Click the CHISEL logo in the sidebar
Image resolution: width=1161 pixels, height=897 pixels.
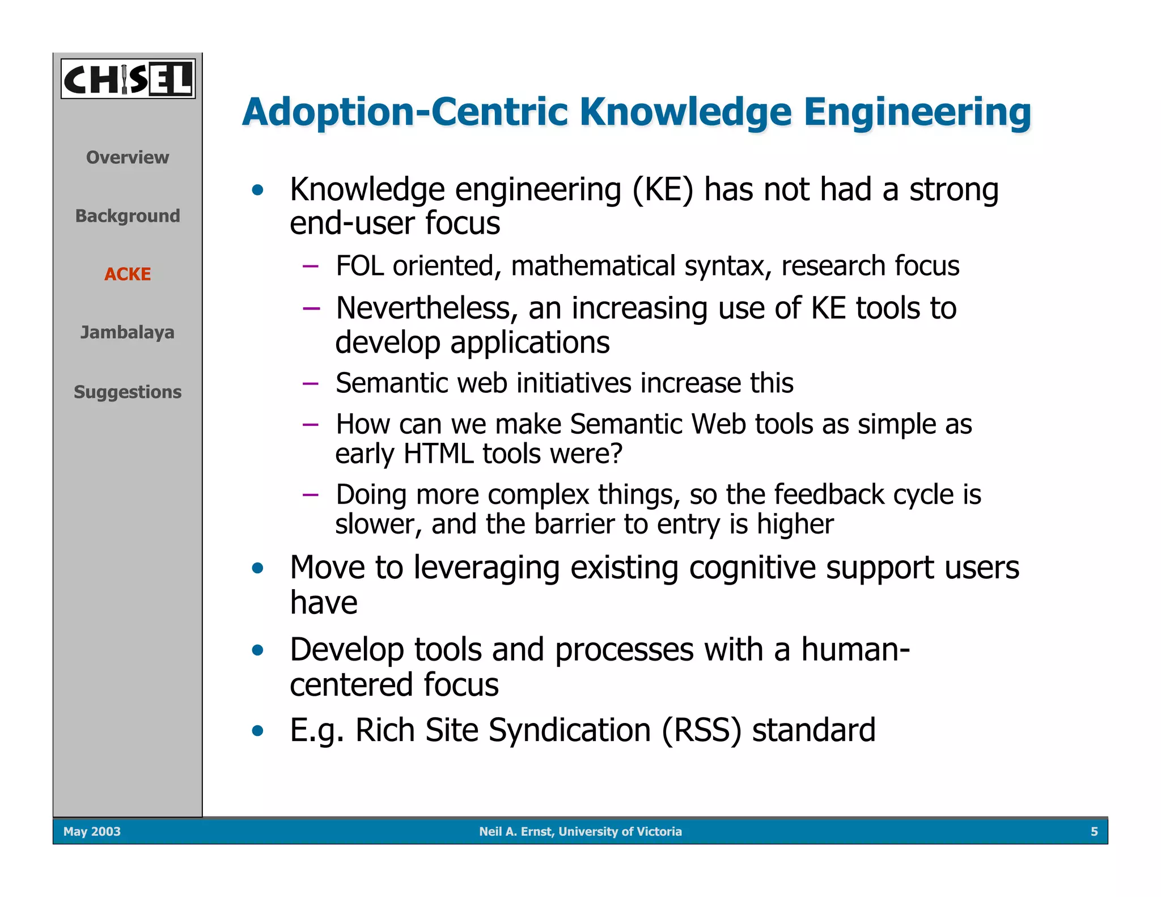click(x=128, y=79)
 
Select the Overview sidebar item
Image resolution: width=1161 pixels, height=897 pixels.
click(x=128, y=157)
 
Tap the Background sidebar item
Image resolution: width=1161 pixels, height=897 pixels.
click(x=128, y=215)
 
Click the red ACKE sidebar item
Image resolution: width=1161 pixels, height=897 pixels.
click(x=128, y=274)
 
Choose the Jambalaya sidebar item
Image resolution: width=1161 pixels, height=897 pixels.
click(x=128, y=332)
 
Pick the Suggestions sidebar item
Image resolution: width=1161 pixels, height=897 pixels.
click(x=128, y=392)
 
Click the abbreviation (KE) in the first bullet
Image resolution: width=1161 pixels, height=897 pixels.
click(x=663, y=189)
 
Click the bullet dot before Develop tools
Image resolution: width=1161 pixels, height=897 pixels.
click(x=258, y=650)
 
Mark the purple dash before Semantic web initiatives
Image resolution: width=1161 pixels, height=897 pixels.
click(x=311, y=383)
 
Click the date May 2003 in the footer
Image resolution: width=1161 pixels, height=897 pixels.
click(x=92, y=831)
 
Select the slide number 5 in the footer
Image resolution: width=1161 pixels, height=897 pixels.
click(x=1094, y=831)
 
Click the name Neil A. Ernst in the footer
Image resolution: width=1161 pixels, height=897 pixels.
click(x=515, y=831)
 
